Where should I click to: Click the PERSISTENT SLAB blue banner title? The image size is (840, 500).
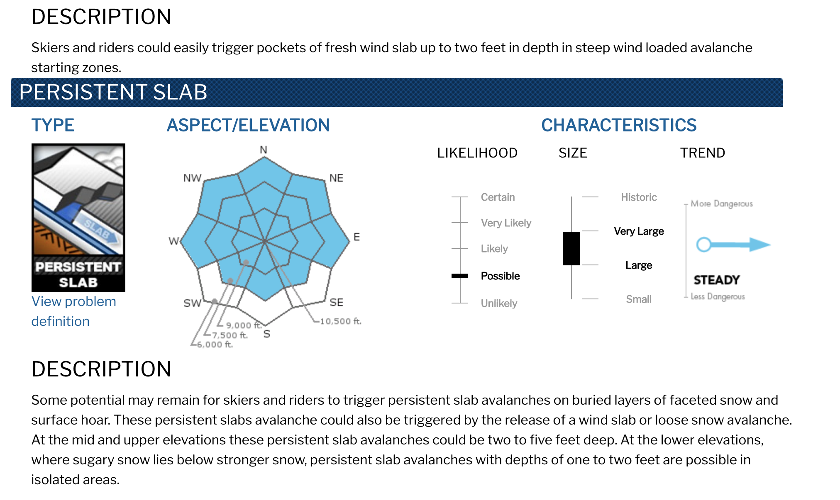[113, 92]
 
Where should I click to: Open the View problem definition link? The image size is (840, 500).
[73, 311]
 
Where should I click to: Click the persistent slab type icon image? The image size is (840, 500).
[78, 217]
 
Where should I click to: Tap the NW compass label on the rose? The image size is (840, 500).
[192, 178]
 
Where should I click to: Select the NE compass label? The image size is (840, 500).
[336, 178]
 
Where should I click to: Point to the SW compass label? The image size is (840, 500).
[192, 303]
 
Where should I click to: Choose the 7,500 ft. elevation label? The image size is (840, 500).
[230, 335]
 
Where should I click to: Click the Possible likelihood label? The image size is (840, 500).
[500, 276]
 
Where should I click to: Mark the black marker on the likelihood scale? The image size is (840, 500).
[460, 276]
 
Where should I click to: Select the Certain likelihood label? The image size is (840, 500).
[498, 197]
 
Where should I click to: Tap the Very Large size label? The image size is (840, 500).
[639, 231]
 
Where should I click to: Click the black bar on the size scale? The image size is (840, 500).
[571, 248]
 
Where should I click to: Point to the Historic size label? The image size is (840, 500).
[639, 197]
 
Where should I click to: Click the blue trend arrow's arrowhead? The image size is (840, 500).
[760, 245]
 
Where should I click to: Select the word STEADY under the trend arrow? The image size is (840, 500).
[717, 280]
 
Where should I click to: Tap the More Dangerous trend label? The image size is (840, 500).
[722, 204]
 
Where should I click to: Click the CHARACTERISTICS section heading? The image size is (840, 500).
[619, 125]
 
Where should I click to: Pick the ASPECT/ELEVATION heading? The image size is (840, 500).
[248, 125]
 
